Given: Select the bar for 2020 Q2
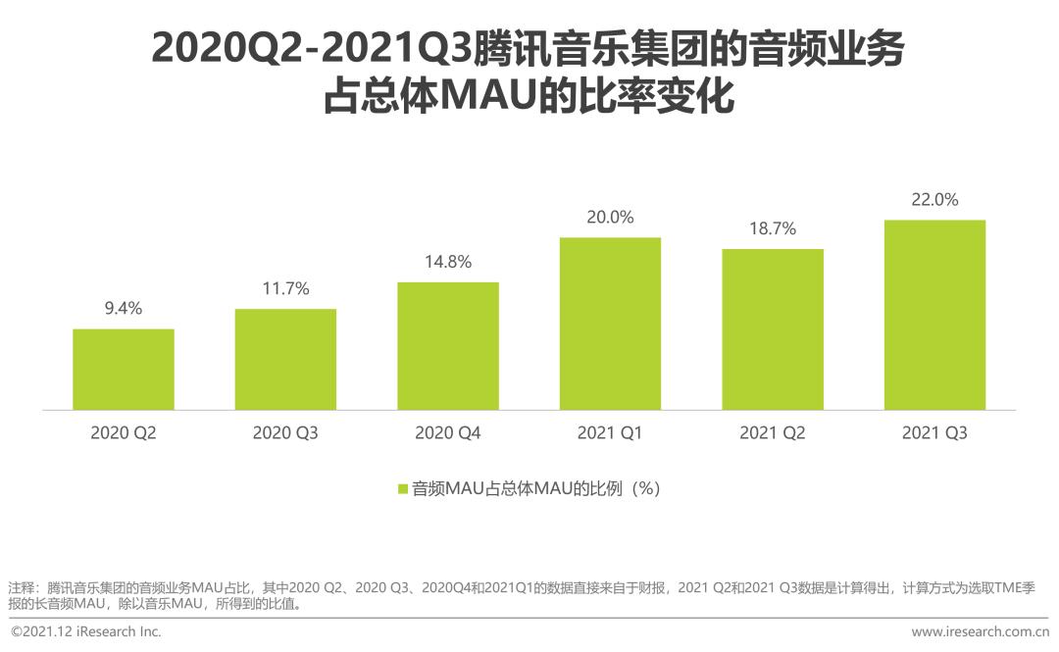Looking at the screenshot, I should point(124,369).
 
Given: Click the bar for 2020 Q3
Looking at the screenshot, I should point(285,359).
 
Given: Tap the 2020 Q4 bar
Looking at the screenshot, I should point(448,346).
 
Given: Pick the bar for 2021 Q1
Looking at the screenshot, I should point(610,324).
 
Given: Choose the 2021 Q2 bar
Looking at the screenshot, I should point(773,329).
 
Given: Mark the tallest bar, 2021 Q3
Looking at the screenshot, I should point(934,314).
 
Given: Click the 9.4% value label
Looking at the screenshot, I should point(124,309).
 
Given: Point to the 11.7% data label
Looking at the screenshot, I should point(285,288).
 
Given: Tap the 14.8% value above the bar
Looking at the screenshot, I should point(448,262).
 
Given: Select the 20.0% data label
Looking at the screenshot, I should point(610,217).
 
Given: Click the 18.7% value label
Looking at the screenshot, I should point(773,228).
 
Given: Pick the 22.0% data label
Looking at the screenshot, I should point(934,199).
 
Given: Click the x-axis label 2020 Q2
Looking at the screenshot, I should point(124,432).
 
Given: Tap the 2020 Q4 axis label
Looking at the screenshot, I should point(448,432).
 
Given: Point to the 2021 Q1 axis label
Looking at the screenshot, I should point(610,432).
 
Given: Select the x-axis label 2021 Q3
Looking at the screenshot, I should point(934,432).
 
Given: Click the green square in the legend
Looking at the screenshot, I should point(402,488).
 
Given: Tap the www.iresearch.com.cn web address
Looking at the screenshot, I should point(980,632).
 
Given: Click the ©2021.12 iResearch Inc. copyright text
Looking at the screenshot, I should point(86,632).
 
